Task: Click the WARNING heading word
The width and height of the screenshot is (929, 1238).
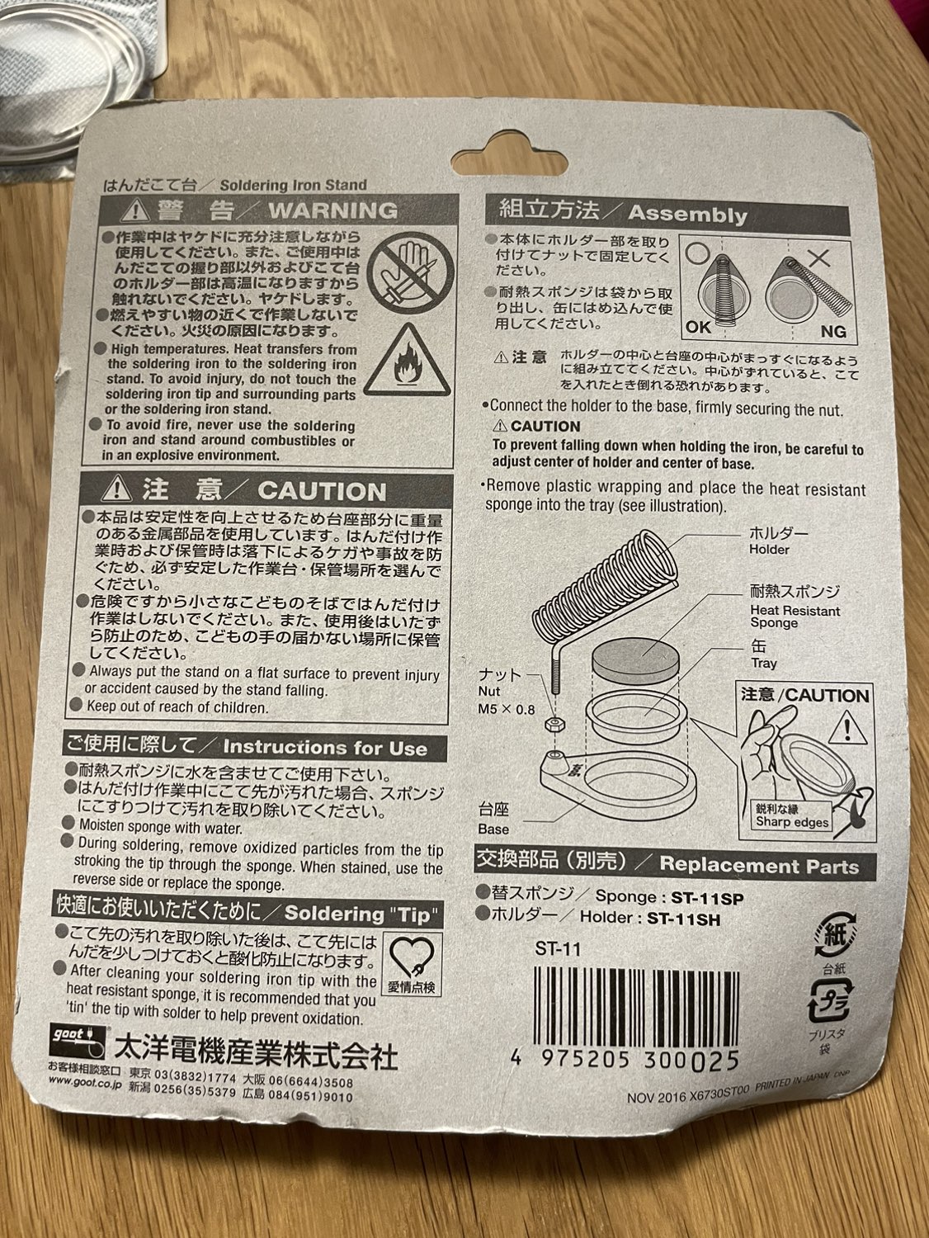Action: pyautogui.click(x=333, y=211)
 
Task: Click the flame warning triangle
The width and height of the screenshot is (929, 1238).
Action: pyautogui.click(x=407, y=360)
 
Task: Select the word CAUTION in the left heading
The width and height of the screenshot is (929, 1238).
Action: pyautogui.click(x=323, y=491)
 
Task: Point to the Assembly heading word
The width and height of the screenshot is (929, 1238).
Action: pyautogui.click(x=688, y=215)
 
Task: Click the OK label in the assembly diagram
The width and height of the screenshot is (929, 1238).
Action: pyautogui.click(x=699, y=327)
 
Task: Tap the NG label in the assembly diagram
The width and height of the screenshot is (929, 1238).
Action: pyautogui.click(x=833, y=331)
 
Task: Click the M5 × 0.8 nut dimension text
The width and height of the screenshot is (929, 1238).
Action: pyautogui.click(x=507, y=708)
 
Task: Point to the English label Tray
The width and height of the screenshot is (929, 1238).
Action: pyautogui.click(x=763, y=664)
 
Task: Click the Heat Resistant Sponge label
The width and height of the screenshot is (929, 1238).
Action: pyautogui.click(x=795, y=617)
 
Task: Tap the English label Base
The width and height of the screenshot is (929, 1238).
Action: pyautogui.click(x=493, y=829)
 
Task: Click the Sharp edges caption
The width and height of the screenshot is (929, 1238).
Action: pyautogui.click(x=792, y=822)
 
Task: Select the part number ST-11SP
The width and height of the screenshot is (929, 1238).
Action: pyautogui.click(x=707, y=897)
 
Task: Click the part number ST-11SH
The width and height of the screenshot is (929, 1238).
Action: pyautogui.click(x=684, y=919)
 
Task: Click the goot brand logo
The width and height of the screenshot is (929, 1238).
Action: pyautogui.click(x=77, y=1042)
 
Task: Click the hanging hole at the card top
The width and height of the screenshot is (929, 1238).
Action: pyautogui.click(x=508, y=154)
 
